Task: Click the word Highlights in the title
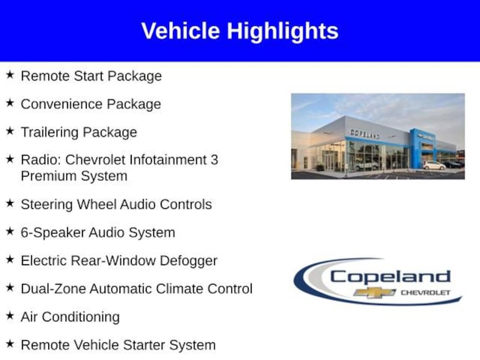pyautogui.click(x=283, y=31)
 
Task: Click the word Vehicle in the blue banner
pyautogui.click(x=180, y=30)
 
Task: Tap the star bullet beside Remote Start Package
pyautogui.click(x=10, y=75)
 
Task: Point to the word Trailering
pyautogui.click(x=50, y=133)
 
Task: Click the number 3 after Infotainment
pyautogui.click(x=214, y=160)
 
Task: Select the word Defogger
pyautogui.click(x=188, y=261)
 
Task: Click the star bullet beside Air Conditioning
pyautogui.click(x=10, y=315)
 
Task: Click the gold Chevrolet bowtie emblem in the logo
pyautogui.click(x=375, y=292)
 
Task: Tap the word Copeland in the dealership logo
pyautogui.click(x=390, y=277)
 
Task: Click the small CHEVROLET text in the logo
pyautogui.click(x=426, y=292)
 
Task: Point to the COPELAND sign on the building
pyautogui.click(x=365, y=134)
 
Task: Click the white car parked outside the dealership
pyautogui.click(x=434, y=165)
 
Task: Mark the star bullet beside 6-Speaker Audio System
pyautogui.click(x=10, y=231)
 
